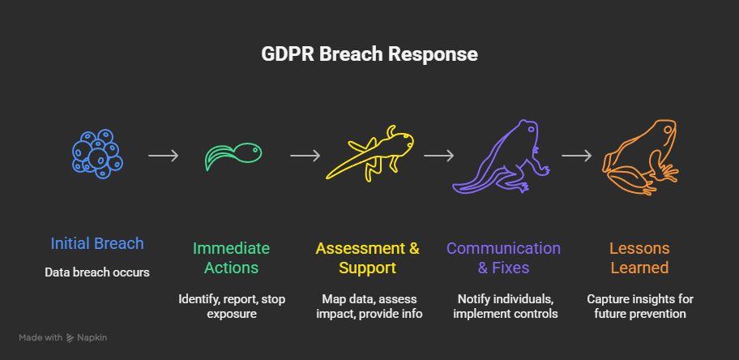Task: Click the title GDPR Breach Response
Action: (x=369, y=54)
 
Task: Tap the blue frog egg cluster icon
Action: (x=96, y=152)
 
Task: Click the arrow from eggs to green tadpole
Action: (x=163, y=155)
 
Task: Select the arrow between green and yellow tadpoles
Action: (x=305, y=155)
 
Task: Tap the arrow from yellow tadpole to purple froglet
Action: (x=438, y=155)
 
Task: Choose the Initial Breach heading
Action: (x=97, y=243)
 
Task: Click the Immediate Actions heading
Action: (x=231, y=258)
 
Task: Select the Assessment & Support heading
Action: (x=368, y=258)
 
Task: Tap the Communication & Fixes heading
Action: (x=503, y=258)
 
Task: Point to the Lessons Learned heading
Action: (x=639, y=258)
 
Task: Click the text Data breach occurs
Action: (x=97, y=272)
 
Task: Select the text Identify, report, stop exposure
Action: (x=232, y=306)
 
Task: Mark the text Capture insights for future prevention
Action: (x=640, y=306)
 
